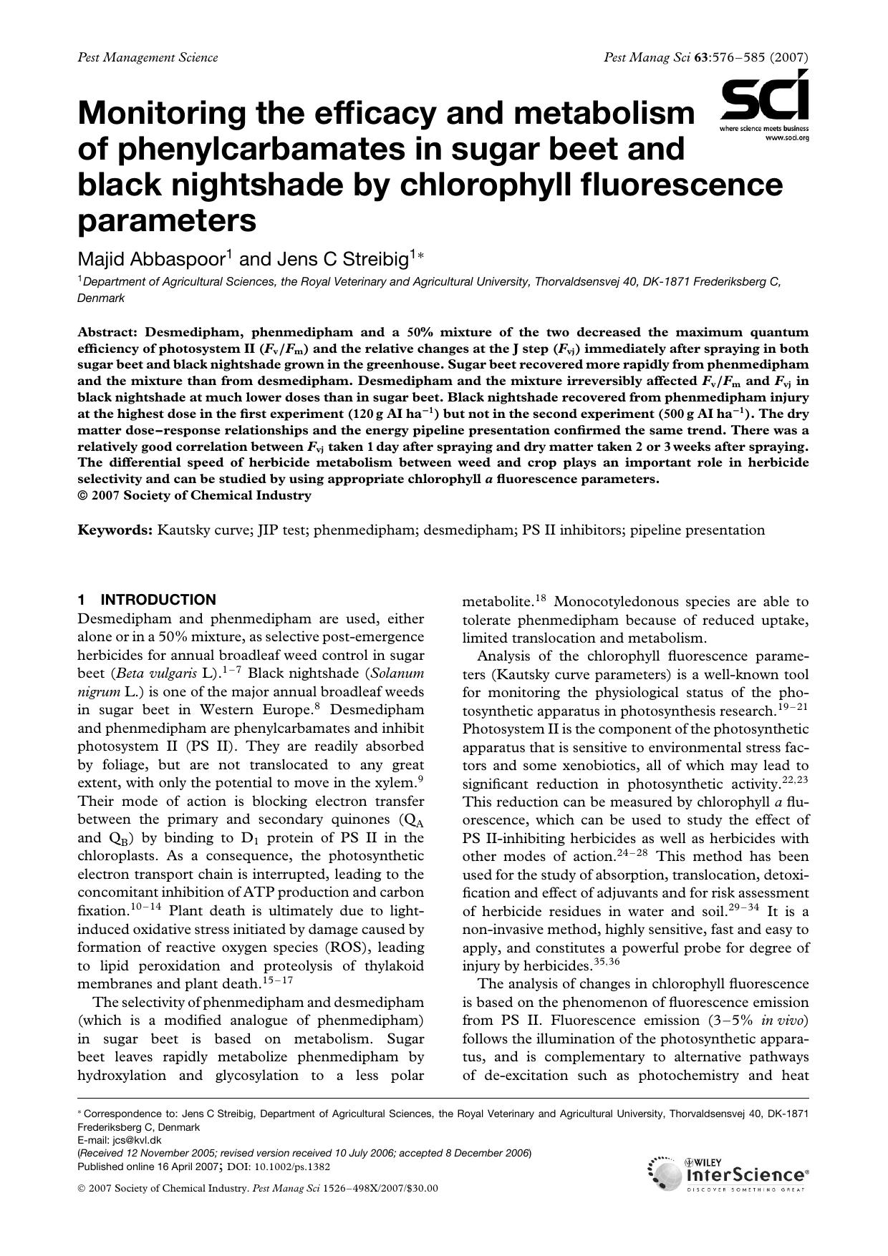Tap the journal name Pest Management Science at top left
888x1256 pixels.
pyautogui.click(x=147, y=57)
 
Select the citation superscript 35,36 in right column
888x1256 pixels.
pyautogui.click(x=607, y=963)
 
